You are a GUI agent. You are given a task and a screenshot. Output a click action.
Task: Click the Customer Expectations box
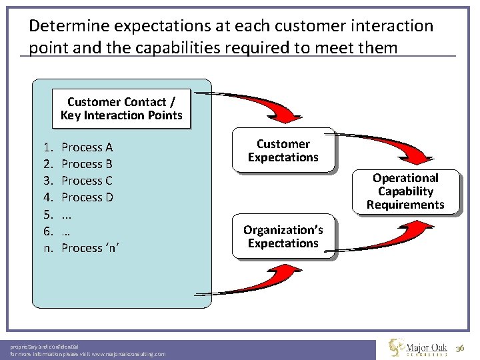tap(283, 150)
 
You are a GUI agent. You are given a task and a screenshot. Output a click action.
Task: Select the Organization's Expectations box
tap(283, 237)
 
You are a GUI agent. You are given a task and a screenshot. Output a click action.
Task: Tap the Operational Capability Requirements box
tap(405, 191)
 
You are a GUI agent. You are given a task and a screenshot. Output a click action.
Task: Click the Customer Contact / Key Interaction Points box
tap(121, 109)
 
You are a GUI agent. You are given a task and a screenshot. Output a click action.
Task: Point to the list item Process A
tap(87, 147)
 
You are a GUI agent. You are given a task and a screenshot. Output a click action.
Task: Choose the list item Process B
tap(87, 164)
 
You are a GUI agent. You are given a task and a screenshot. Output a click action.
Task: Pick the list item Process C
tap(87, 181)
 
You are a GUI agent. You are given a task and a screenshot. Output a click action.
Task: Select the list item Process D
tap(87, 197)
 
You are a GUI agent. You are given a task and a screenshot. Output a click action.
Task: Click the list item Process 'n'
tap(90, 248)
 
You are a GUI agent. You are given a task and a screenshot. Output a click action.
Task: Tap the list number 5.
tap(47, 214)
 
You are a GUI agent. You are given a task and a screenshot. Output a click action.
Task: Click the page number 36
tap(460, 350)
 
